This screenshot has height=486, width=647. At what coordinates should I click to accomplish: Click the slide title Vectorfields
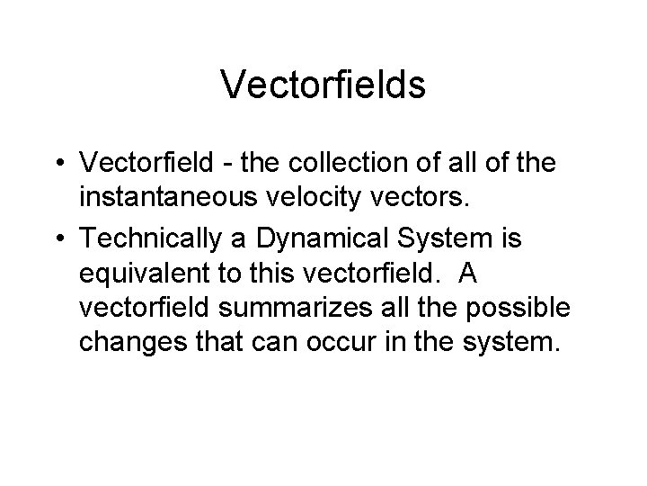323,85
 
